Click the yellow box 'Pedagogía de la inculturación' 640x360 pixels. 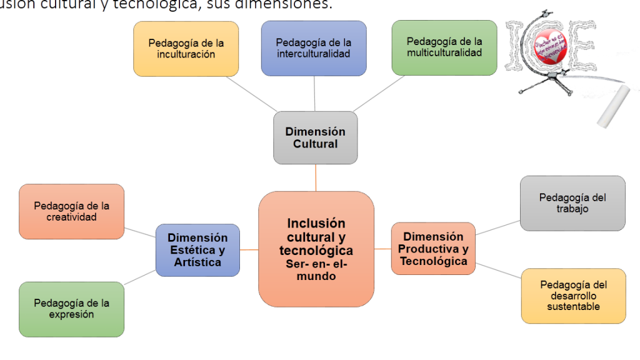click(x=186, y=49)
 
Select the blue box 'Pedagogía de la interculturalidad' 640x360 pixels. click(x=313, y=48)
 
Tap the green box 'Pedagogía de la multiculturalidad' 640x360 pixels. click(x=444, y=47)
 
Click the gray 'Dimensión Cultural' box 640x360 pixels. click(x=315, y=137)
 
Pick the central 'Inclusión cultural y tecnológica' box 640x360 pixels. click(x=316, y=249)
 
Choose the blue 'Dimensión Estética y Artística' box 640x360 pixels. click(x=197, y=250)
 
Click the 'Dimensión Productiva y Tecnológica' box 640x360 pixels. click(x=433, y=249)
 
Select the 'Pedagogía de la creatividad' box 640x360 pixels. click(x=71, y=211)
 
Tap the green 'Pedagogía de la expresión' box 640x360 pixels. click(x=71, y=309)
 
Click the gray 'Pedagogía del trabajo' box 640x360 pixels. click(x=572, y=203)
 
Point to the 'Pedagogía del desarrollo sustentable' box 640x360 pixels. click(x=573, y=296)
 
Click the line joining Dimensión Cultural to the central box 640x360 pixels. click(x=316, y=177)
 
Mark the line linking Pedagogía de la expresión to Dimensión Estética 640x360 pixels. click(x=139, y=278)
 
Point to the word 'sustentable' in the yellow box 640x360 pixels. click(x=573, y=306)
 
